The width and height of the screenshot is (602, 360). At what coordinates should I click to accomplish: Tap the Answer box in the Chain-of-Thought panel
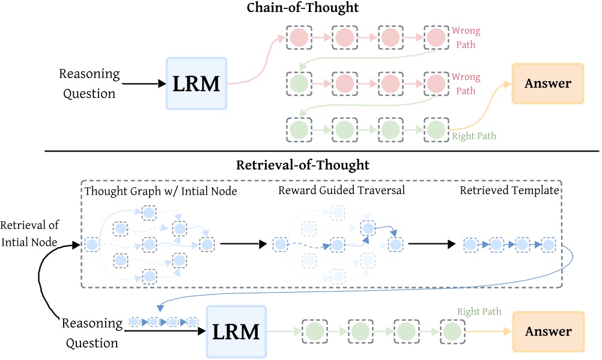click(547, 84)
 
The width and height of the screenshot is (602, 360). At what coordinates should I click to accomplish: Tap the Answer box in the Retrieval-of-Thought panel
click(547, 331)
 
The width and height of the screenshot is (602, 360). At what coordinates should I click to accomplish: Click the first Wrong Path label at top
click(466, 35)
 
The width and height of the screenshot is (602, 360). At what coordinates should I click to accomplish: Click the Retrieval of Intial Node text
click(29, 232)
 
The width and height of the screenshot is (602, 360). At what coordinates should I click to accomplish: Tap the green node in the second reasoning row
click(299, 83)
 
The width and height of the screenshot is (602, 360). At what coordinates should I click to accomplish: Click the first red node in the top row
click(299, 38)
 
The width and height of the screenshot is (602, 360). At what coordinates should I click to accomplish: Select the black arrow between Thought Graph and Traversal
click(242, 245)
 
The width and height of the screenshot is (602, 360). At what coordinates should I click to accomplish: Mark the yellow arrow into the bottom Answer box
click(487, 332)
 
